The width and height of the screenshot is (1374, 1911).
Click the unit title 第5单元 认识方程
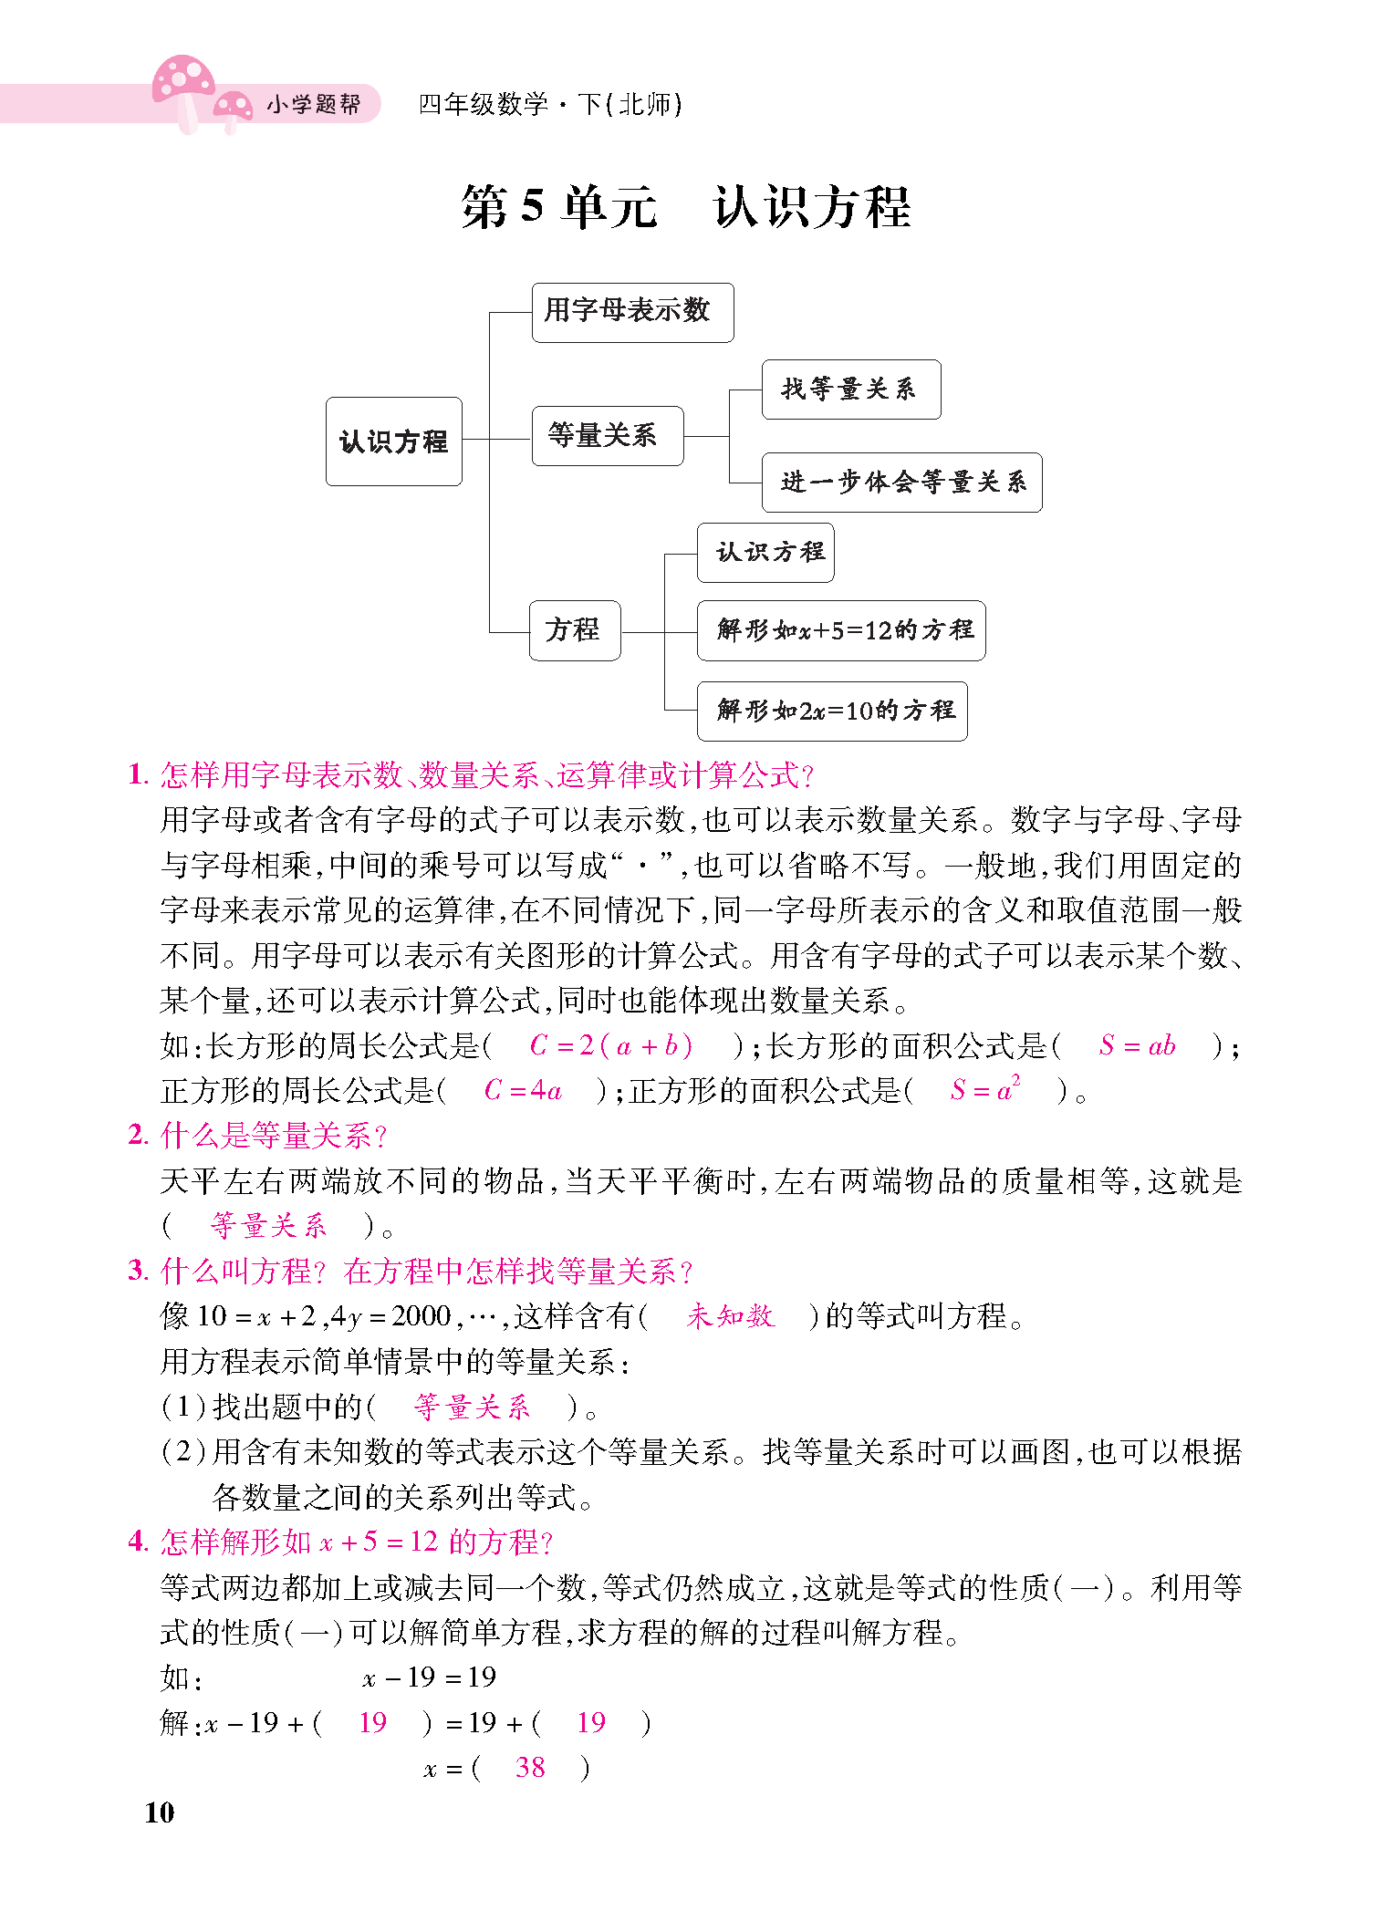pyautogui.click(x=685, y=207)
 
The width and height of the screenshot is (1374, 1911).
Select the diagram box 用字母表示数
pyautogui.click(x=632, y=312)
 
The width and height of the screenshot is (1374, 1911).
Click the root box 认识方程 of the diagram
pyautogui.click(x=393, y=441)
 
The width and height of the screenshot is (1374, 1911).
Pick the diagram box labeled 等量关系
pyautogui.click(x=607, y=436)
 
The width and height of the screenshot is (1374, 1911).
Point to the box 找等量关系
pyautogui.click(x=850, y=389)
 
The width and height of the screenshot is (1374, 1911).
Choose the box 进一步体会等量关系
pyautogui.click(x=901, y=482)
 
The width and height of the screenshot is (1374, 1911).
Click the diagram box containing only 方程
pyautogui.click(x=575, y=630)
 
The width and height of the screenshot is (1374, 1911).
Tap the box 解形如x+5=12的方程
pyautogui.click(x=840, y=630)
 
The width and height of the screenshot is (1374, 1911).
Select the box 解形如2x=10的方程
pyautogui.click(x=831, y=711)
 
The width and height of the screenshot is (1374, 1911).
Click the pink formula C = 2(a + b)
pyautogui.click(x=610, y=1045)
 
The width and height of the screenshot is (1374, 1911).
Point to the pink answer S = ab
pyautogui.click(x=1137, y=1045)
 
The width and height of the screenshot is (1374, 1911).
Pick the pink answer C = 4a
pyautogui.click(x=522, y=1090)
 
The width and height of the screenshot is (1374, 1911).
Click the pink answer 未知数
pyautogui.click(x=730, y=1315)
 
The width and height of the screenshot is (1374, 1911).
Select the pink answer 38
pyautogui.click(x=530, y=1768)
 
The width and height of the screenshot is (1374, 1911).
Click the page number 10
pyautogui.click(x=159, y=1812)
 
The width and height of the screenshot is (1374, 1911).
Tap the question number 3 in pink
pyautogui.click(x=137, y=1270)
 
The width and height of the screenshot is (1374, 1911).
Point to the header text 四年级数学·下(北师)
pyautogui.click(x=550, y=105)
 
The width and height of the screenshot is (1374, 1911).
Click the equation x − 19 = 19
pyautogui.click(x=429, y=1677)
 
